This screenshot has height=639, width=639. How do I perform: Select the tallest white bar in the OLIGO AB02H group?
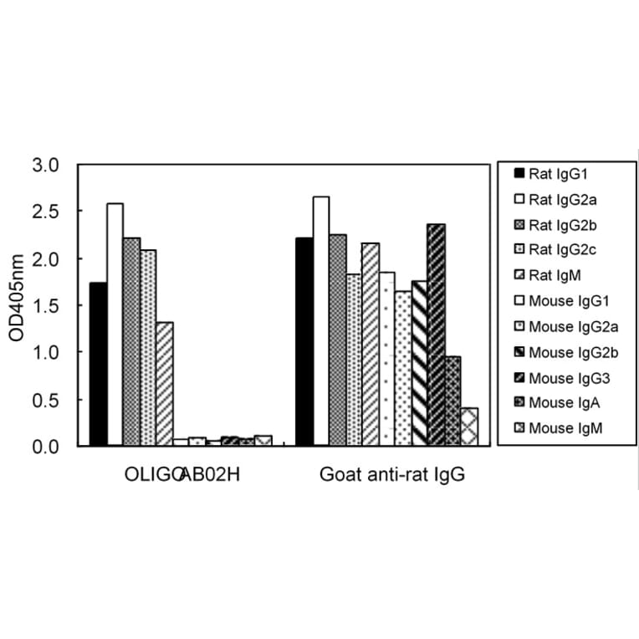click(x=115, y=325)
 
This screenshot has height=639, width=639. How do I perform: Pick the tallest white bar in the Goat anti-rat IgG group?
click(x=320, y=321)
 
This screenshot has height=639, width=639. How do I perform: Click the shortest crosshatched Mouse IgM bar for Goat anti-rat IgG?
click(x=468, y=427)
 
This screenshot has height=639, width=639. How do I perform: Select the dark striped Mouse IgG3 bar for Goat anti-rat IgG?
click(x=436, y=335)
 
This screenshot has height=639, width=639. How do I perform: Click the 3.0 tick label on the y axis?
click(x=46, y=166)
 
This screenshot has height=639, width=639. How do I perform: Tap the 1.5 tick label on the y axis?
click(x=46, y=306)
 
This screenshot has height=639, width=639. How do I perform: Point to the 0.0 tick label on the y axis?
click(x=46, y=447)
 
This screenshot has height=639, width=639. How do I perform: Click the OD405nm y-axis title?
click(x=16, y=305)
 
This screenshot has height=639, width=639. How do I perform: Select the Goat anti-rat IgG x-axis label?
click(x=391, y=476)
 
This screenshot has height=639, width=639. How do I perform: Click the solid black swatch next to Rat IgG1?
click(x=519, y=174)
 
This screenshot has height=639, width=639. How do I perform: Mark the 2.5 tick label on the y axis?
click(x=46, y=212)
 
